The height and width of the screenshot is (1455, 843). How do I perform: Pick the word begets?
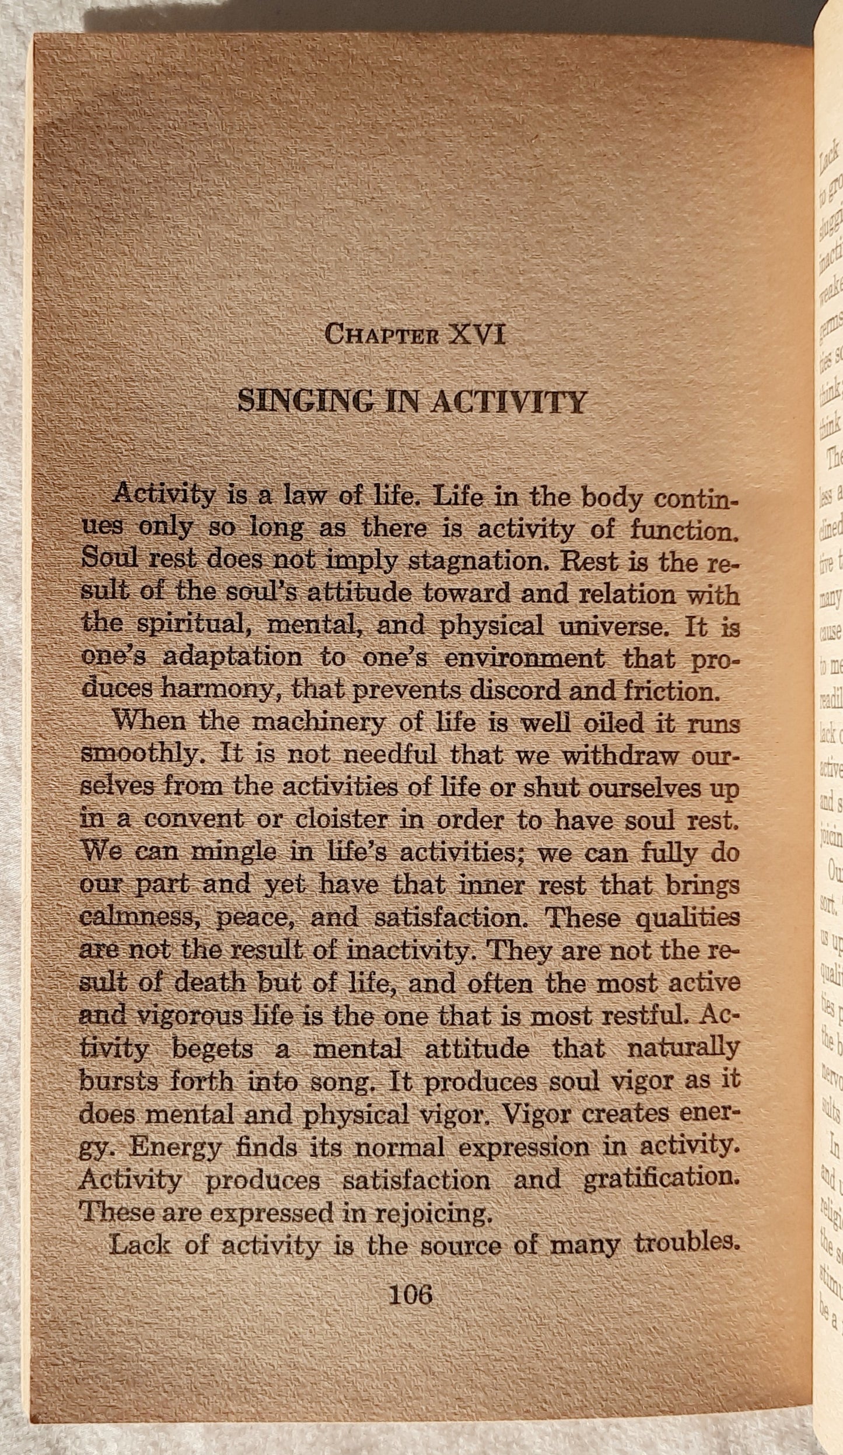tap(212, 1050)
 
